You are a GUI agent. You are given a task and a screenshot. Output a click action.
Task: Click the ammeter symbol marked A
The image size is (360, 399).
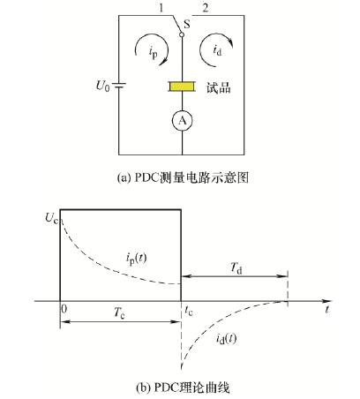tap(183, 121)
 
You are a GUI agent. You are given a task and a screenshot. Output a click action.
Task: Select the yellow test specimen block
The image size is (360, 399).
tap(182, 87)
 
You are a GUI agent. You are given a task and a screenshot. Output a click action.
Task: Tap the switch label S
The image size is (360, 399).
tap(187, 24)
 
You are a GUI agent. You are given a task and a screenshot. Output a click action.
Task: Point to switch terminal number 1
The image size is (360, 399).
tap(161, 8)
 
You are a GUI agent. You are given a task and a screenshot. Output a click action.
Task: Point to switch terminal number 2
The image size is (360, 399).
tap(206, 8)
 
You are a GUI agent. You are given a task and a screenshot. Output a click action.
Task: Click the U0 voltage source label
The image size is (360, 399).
tap(102, 86)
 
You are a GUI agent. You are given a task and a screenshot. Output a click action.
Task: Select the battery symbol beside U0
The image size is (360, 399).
tap(119, 86)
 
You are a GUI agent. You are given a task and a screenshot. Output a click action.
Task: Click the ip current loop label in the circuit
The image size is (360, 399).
tap(154, 53)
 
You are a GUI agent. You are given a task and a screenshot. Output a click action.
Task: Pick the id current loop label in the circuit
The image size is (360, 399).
tap(217, 49)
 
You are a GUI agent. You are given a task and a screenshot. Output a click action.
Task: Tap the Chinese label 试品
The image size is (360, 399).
tap(218, 87)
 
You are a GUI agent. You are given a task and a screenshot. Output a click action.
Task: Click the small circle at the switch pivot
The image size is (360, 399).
tap(182, 34)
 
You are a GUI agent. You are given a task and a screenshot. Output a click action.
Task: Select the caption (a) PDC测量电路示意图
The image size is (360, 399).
tap(183, 177)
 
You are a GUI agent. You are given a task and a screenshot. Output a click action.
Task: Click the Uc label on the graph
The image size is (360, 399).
tap(51, 219)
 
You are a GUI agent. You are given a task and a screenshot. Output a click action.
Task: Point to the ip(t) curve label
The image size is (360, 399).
tap(136, 259)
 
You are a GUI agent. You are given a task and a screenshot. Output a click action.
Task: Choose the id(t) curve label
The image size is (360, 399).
tap(226, 339)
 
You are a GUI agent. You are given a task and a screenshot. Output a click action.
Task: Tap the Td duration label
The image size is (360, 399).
tap(236, 268)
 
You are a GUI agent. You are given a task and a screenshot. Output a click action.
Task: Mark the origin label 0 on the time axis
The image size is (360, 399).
tap(64, 309)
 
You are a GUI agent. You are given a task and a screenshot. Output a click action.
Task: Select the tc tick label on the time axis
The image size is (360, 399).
tap(189, 311)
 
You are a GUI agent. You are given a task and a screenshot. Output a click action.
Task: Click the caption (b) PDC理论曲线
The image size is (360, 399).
tap(183, 388)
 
